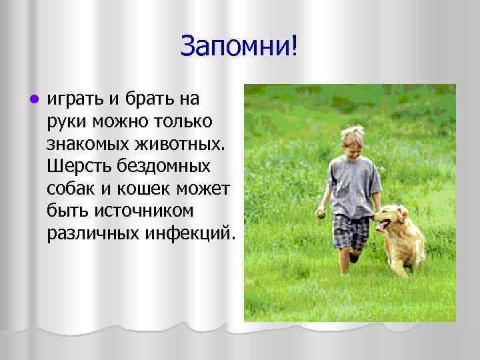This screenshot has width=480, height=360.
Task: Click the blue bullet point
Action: [x=25, y=99]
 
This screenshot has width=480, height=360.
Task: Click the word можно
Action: [x=119, y=122]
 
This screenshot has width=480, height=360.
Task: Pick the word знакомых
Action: [x=88, y=144]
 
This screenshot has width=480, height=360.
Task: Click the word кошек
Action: [x=147, y=188]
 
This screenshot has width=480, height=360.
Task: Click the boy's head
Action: [x=351, y=139]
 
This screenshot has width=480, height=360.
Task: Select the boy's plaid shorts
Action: [x=351, y=229]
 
